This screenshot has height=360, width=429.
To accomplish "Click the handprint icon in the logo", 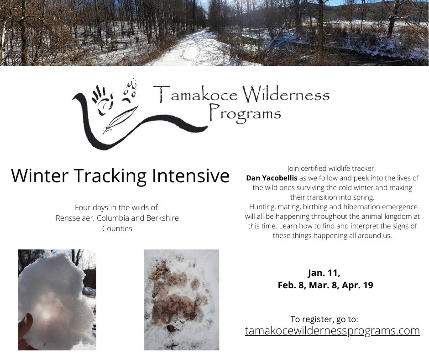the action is tap(103, 100).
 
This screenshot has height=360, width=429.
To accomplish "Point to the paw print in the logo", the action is tap(129, 91).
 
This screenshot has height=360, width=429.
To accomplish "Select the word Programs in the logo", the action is tap(246, 113).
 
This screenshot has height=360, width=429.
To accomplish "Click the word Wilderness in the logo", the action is tap(286, 95).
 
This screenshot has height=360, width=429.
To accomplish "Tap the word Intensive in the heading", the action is tap(191, 175).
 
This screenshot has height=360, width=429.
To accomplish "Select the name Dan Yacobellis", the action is tap(272, 178).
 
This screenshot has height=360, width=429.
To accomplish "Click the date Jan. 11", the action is tap(324, 273).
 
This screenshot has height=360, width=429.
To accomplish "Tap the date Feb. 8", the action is tap(292, 285).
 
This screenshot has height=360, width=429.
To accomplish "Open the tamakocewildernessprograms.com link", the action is tap(332, 331).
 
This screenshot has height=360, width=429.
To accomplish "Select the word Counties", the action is tap(117, 228).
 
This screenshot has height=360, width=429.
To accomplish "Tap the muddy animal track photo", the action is tap(182, 300).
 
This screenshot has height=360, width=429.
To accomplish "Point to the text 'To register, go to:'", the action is tap(324, 319).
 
